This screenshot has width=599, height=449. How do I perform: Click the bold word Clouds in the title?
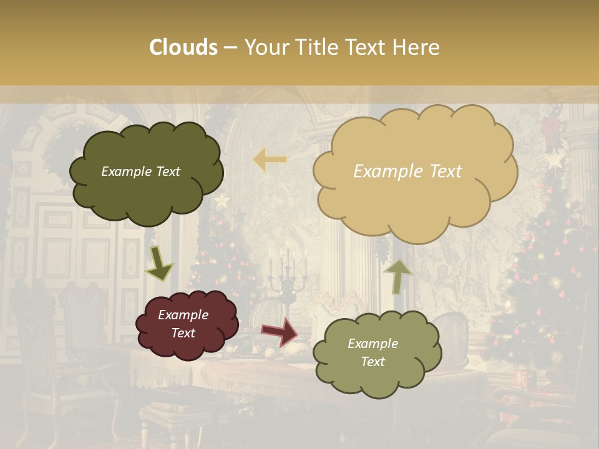click(183, 47)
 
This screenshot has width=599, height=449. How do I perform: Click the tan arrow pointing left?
click(270, 160)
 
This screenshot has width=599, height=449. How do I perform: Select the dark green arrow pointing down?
click(159, 263)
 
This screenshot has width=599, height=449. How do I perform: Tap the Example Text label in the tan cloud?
click(407, 171)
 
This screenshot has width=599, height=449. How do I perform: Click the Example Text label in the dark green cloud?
click(140, 171)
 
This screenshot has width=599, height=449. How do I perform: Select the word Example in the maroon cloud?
click(183, 315)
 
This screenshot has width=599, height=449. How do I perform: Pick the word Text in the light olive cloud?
click(373, 362)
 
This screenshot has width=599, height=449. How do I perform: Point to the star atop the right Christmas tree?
click(554, 160)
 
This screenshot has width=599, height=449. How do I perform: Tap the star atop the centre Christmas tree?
click(222, 201)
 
